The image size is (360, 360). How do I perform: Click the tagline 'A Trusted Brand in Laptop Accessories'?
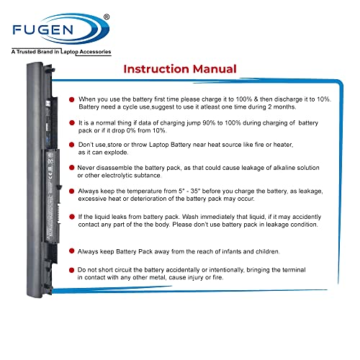click(61, 52)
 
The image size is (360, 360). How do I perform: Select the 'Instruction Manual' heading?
click(179, 70)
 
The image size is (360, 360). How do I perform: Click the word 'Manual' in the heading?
click(212, 70)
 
